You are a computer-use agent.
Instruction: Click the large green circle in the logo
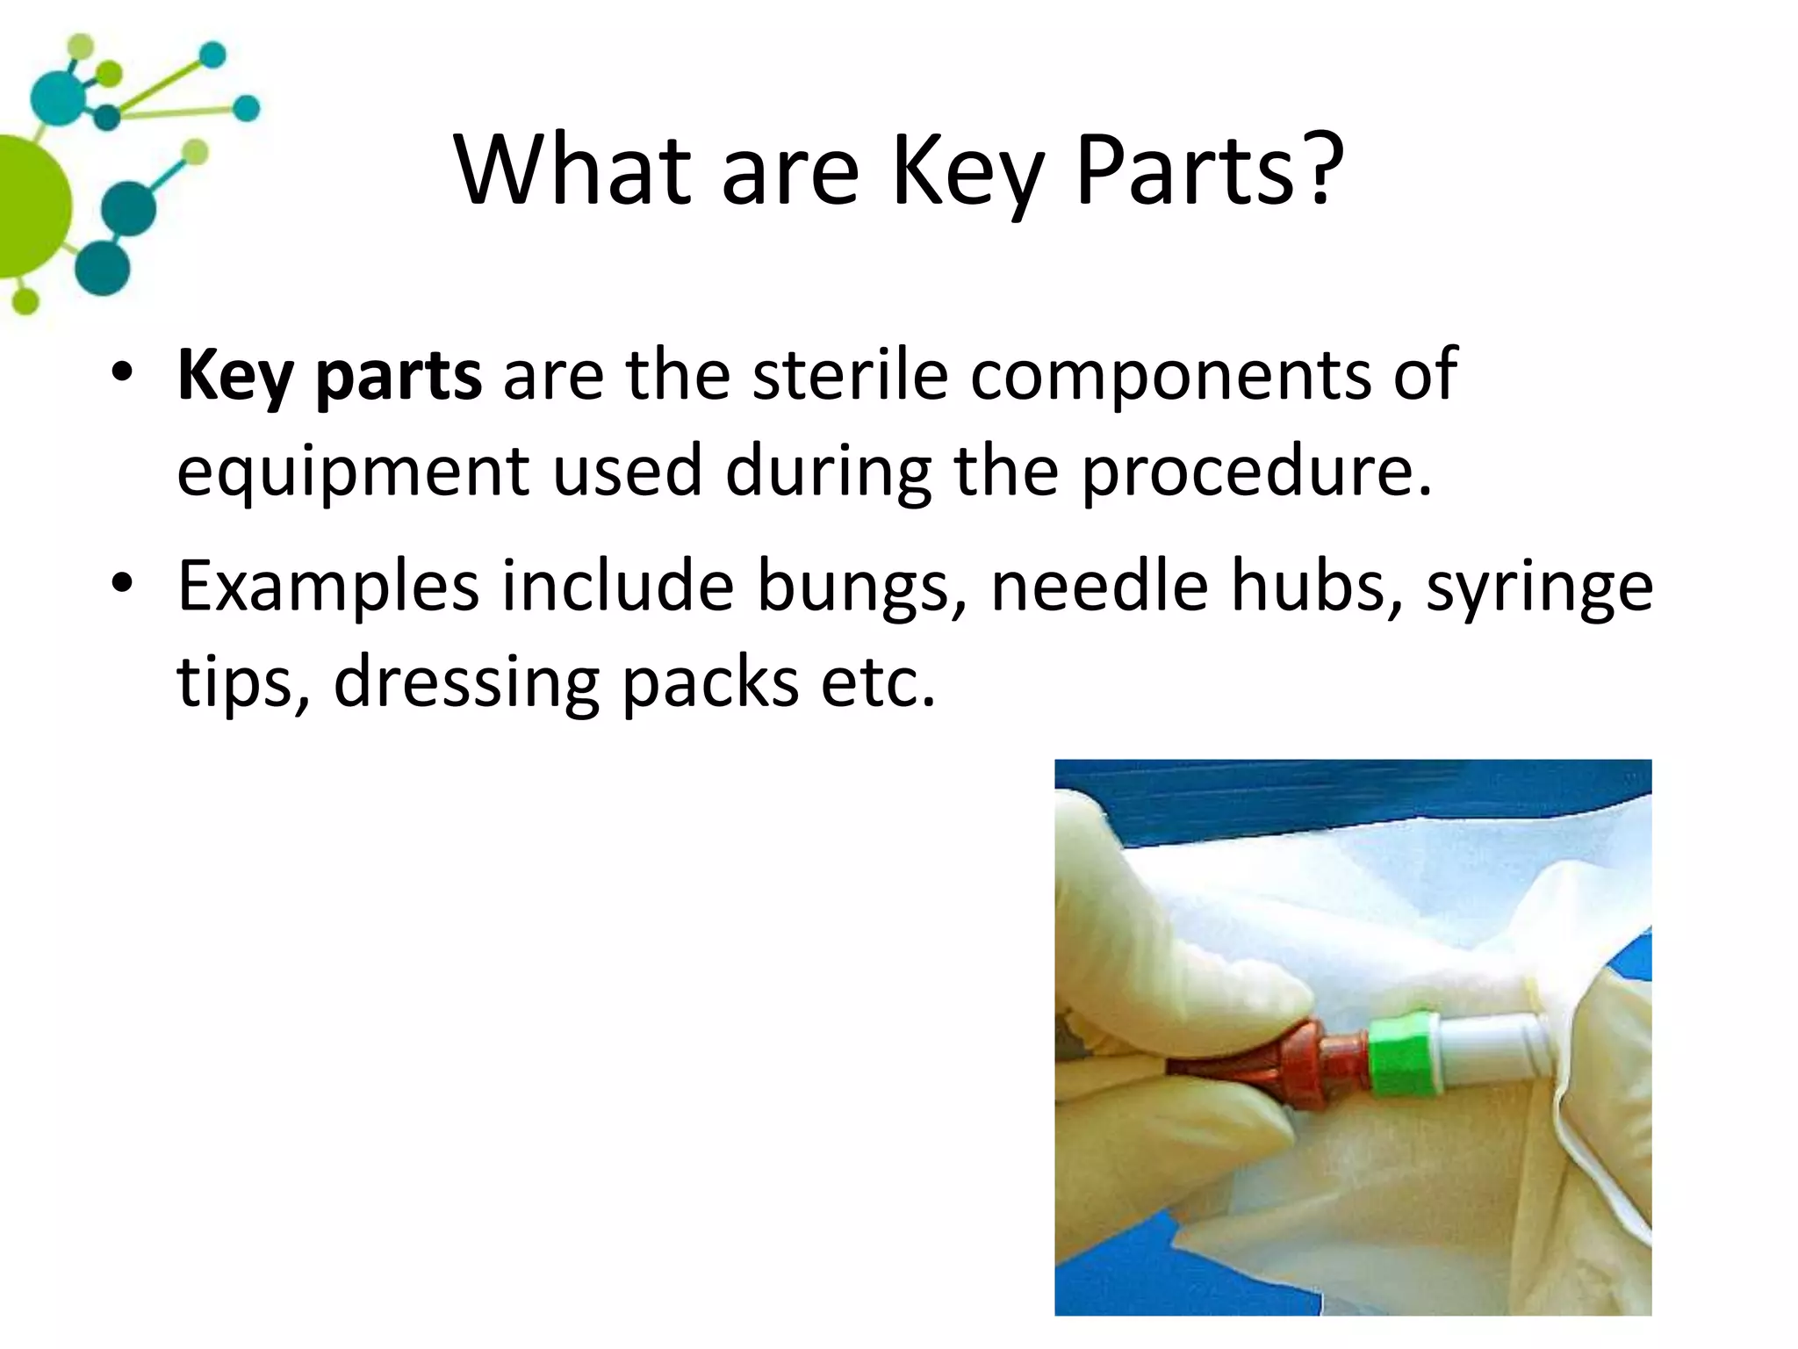26,207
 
